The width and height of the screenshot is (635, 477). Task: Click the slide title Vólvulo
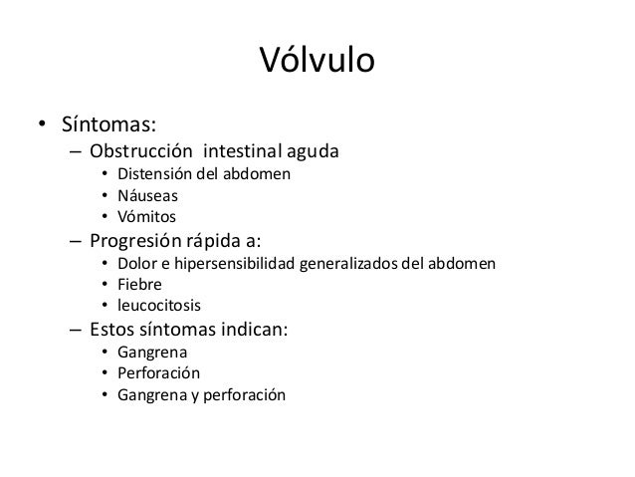(x=317, y=61)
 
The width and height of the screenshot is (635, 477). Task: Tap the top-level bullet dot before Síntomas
(x=42, y=127)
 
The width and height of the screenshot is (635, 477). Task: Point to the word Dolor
(x=135, y=264)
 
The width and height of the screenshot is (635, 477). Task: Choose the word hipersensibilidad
(x=233, y=265)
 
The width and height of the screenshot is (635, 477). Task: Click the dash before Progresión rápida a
(x=76, y=241)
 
